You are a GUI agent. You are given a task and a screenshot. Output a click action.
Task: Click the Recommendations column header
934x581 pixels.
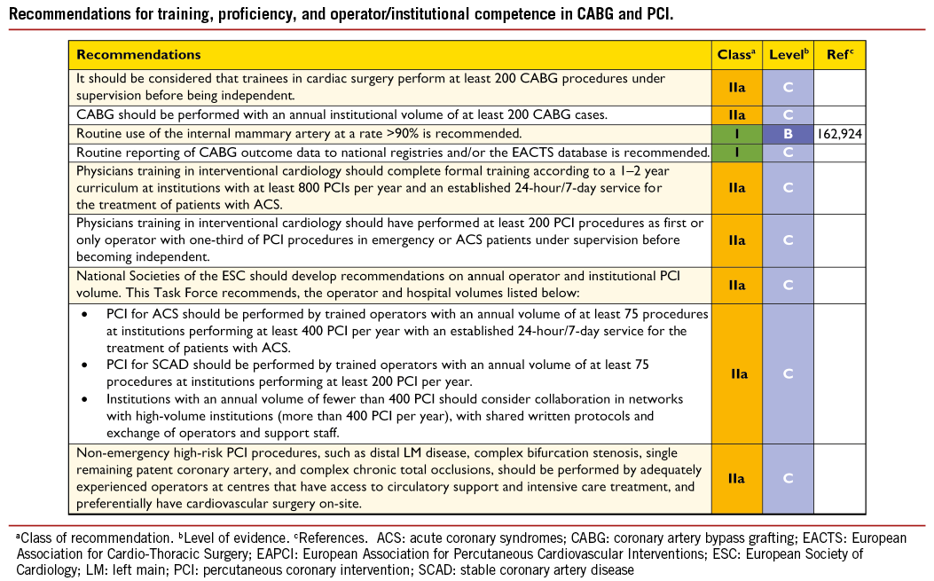tap(139, 55)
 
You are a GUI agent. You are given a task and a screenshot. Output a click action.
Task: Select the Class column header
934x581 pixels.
tap(736, 55)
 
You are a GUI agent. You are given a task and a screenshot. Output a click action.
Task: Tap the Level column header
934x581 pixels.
tap(789, 55)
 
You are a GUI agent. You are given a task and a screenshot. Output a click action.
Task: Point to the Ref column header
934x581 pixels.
tap(839, 55)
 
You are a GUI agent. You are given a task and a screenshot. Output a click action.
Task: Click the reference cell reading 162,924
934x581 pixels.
tap(839, 134)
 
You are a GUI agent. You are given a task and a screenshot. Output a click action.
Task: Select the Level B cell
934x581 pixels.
tap(789, 134)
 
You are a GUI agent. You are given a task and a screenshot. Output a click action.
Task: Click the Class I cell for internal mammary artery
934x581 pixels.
tap(736, 134)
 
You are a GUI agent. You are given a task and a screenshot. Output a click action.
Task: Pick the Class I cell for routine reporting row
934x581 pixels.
tap(736, 153)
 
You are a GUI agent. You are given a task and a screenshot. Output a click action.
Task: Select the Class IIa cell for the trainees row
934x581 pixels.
tap(736, 88)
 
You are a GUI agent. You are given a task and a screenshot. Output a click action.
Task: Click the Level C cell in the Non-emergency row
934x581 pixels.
tap(789, 479)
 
